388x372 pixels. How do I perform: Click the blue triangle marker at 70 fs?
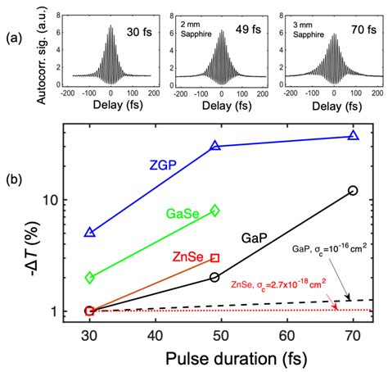pyautogui.click(x=353, y=135)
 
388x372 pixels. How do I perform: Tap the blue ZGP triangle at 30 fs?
pyautogui.click(x=90, y=233)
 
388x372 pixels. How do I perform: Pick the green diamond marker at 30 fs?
pyautogui.click(x=90, y=278)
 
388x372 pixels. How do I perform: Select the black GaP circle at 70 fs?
pyautogui.click(x=353, y=190)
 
